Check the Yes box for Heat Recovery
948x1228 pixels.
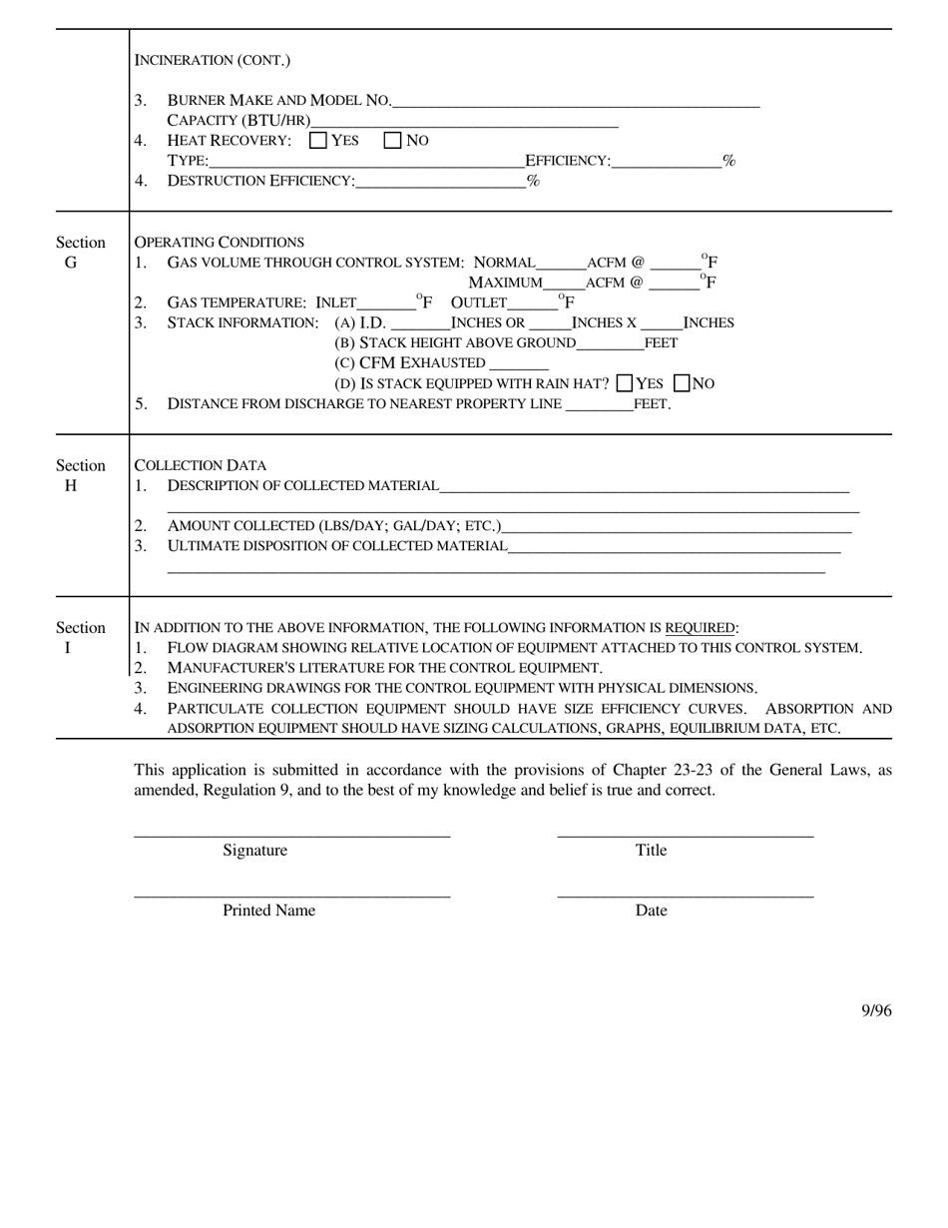pos(318,141)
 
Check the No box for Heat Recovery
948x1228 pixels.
pos(393,141)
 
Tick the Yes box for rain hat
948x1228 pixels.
pos(626,383)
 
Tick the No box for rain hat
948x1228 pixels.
pos(683,383)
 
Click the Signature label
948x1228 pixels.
pos(254,851)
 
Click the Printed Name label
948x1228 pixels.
pos(268,911)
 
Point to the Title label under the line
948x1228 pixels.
pos(651,851)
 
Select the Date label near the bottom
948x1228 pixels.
pos(651,911)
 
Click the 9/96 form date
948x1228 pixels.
pos(876,1011)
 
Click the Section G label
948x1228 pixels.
pos(80,253)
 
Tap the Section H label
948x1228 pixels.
pos(80,475)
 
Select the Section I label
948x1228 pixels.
pos(80,637)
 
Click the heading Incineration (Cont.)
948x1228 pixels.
pos(213,60)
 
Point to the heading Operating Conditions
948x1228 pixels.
pos(220,243)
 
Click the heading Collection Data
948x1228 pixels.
pos(201,465)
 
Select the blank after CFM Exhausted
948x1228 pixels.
pos(519,364)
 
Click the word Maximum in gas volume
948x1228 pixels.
pos(506,283)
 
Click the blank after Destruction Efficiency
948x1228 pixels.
pos(440,182)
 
